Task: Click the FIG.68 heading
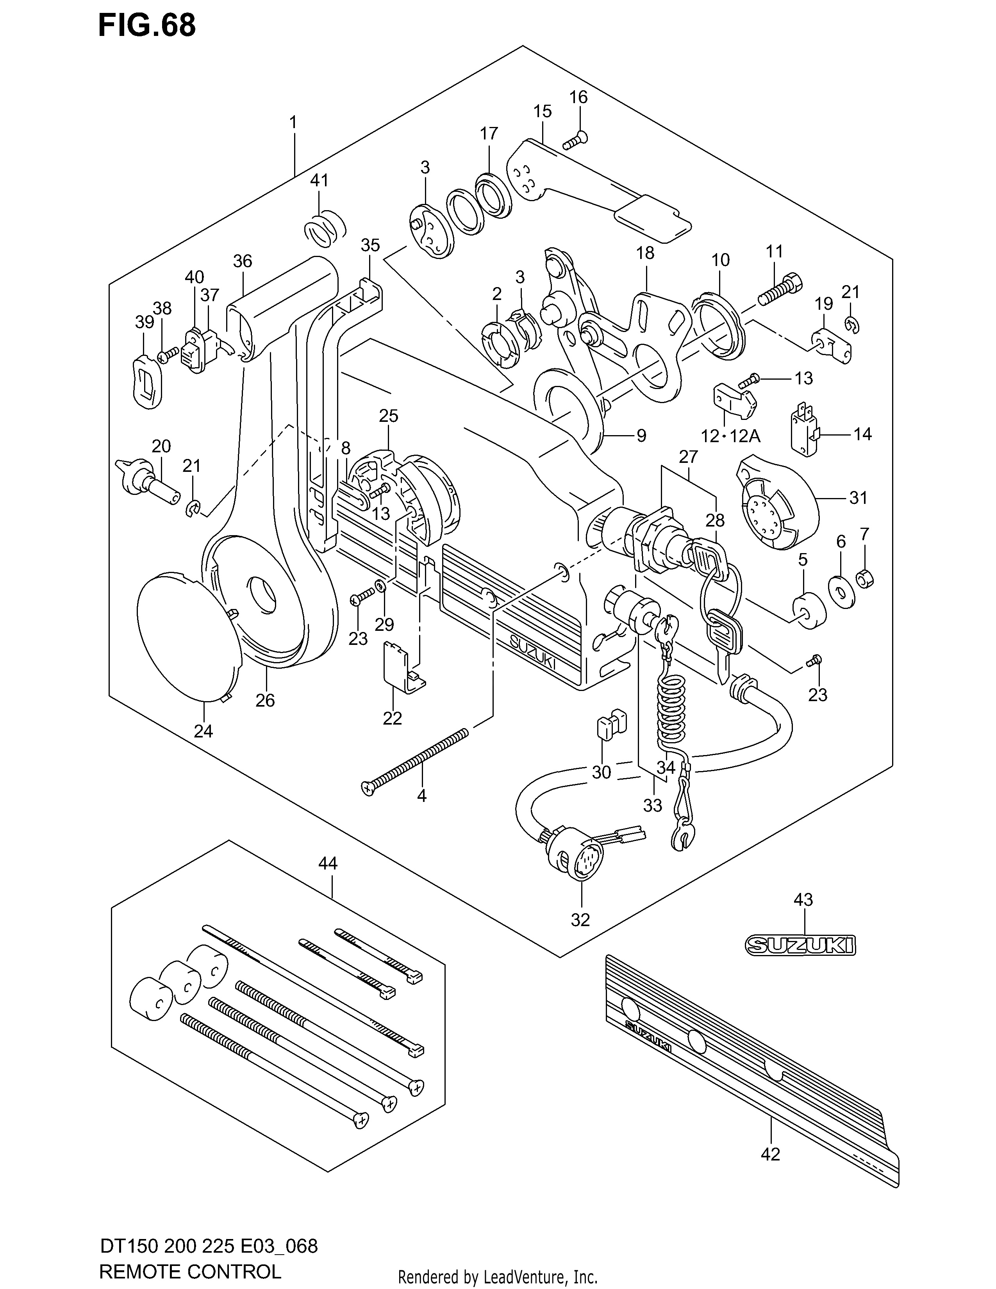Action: coord(147,26)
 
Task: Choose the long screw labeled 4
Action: coord(415,762)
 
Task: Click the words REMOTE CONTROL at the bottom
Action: coord(190,1271)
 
